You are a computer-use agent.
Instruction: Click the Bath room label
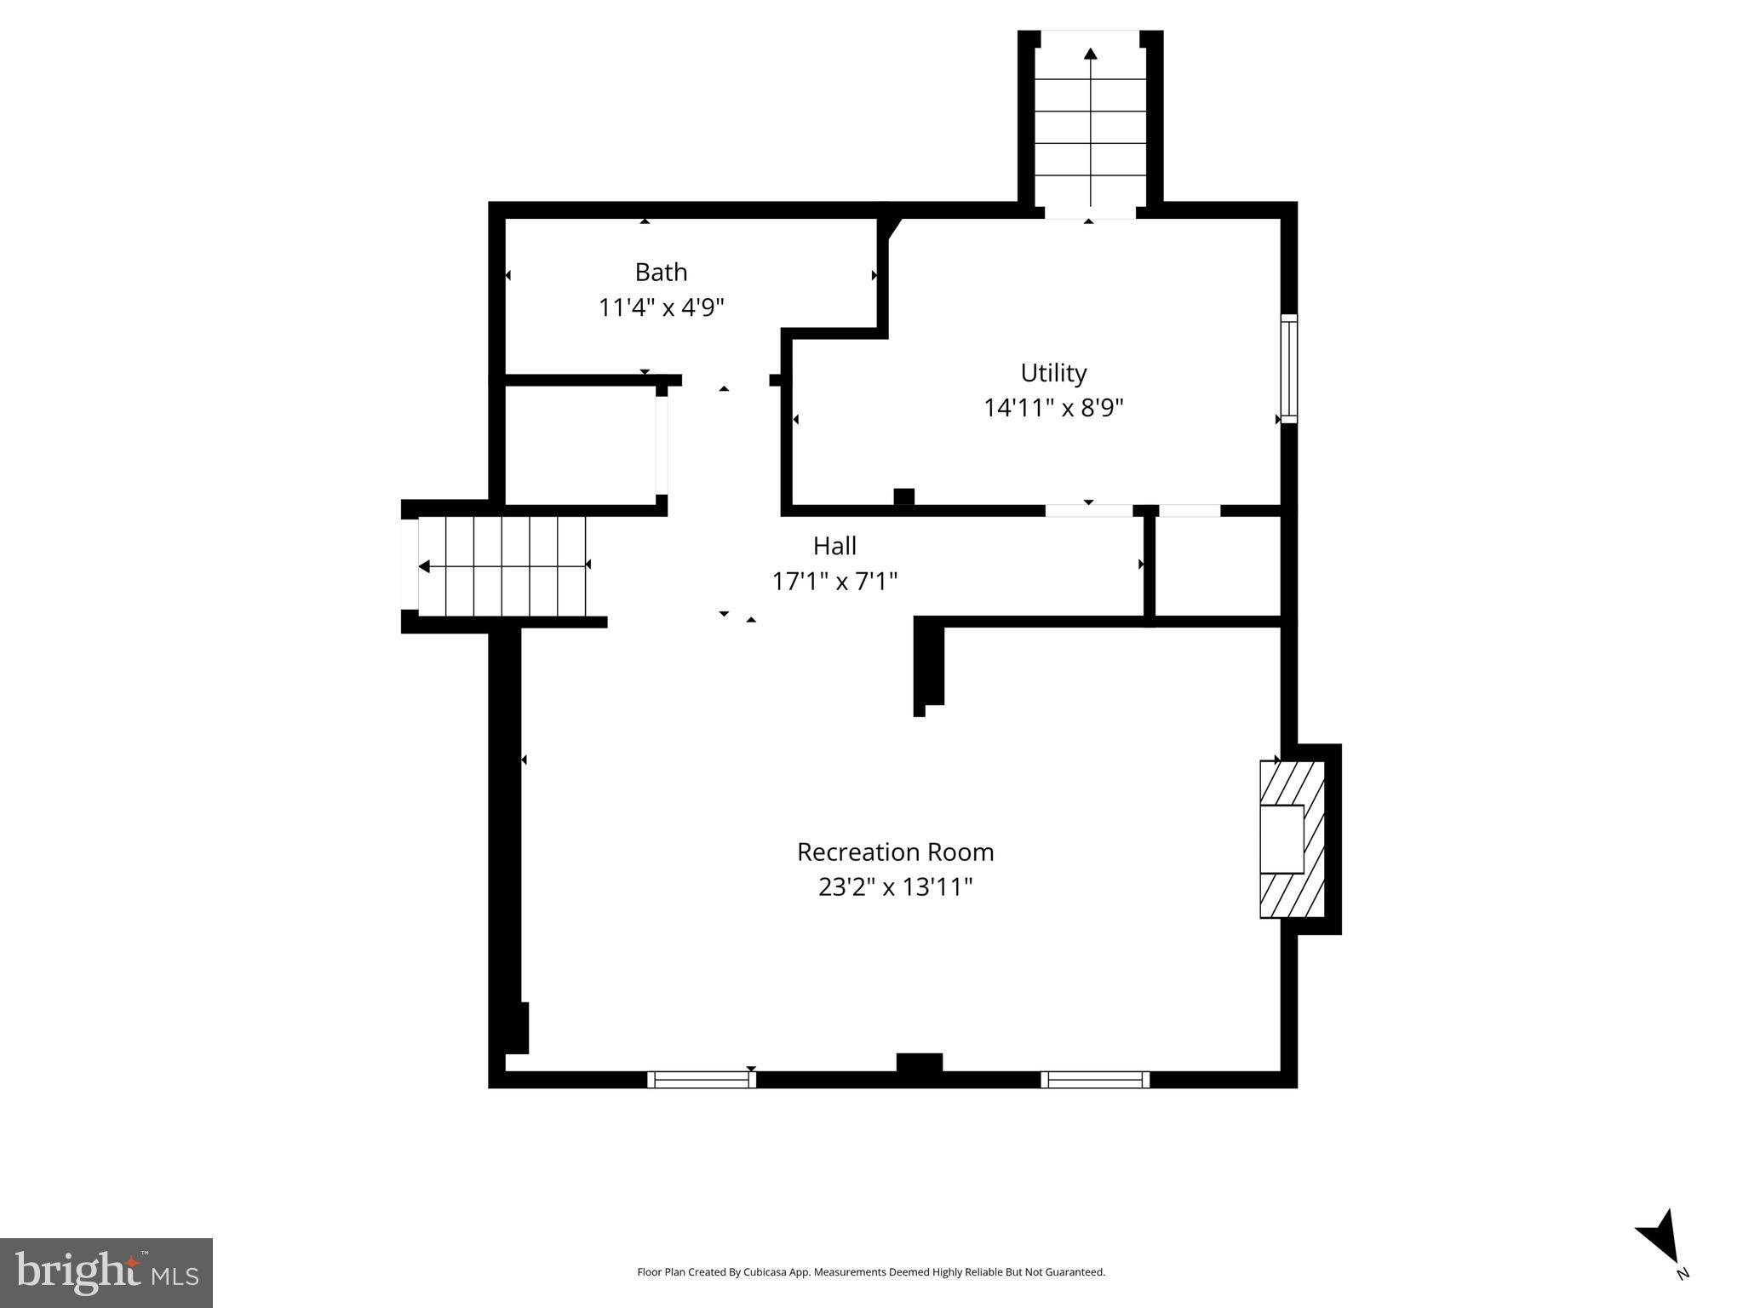[x=661, y=272]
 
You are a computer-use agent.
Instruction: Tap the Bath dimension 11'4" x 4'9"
[x=661, y=307]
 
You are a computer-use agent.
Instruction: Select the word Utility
[x=1053, y=373]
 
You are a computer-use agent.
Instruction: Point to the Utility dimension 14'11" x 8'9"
[x=1053, y=408]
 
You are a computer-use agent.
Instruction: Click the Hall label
[x=834, y=546]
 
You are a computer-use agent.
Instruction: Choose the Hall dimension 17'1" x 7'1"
[x=834, y=582]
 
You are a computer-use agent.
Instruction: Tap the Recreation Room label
[x=895, y=852]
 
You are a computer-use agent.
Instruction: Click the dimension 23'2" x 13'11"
[x=895, y=887]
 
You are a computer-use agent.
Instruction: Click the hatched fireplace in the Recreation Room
[x=1292, y=839]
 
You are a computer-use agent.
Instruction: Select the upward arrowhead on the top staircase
[x=1090, y=54]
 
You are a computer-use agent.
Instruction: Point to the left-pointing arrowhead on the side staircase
[x=424, y=566]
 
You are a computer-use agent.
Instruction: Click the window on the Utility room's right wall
[x=1289, y=368]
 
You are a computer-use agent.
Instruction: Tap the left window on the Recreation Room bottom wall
[x=702, y=1079]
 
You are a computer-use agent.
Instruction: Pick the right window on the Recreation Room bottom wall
[x=1095, y=1079]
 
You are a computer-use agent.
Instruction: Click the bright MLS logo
[x=106, y=1272]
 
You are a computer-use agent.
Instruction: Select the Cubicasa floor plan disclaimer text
[x=871, y=1272]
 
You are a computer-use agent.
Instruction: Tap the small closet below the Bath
[x=581, y=445]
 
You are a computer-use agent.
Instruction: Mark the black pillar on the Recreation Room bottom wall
[x=920, y=1064]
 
